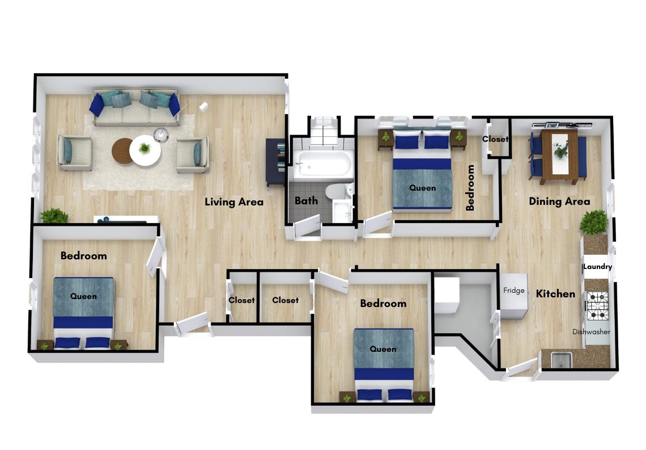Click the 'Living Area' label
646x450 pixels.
tap(234, 201)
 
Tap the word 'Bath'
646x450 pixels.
tap(306, 201)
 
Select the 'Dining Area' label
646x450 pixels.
tap(559, 201)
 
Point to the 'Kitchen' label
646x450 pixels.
tap(555, 294)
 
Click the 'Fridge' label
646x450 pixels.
tap(514, 291)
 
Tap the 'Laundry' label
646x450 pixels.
tap(597, 267)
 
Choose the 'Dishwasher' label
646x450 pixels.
tap(591, 331)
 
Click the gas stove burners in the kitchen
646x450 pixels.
tap(597, 306)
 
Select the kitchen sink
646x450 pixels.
tap(561, 360)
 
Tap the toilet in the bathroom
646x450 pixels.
tap(339, 191)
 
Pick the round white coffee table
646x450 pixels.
tap(144, 150)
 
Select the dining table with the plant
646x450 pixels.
tap(559, 156)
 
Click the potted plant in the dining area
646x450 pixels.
tap(594, 222)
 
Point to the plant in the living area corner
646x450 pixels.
tap(54, 215)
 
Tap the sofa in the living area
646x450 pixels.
tap(135, 107)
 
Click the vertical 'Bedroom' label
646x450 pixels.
tap(470, 188)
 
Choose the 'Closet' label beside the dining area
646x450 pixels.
tap(495, 139)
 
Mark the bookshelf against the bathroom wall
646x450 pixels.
tap(275, 161)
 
